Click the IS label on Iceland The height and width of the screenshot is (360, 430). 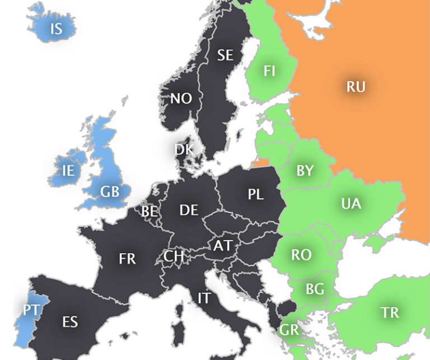point(56,29)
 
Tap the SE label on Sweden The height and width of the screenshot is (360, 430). point(225,55)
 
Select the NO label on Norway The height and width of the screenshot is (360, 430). point(181,99)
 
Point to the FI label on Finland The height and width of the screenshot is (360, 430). point(269,72)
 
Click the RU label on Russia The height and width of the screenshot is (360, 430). point(356,87)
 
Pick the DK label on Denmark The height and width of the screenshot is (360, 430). point(184,149)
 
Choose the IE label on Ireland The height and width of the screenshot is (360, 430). point(68,171)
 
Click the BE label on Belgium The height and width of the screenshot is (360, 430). point(149,212)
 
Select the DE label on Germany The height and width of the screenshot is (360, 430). point(189,210)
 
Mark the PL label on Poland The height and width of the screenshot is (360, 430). point(255,194)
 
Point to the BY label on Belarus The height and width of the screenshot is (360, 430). point(305,171)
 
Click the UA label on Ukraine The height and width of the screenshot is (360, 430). point(351,204)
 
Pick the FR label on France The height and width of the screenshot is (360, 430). point(127,258)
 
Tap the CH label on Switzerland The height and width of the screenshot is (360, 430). point(174,256)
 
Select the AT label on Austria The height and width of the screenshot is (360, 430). point(222,246)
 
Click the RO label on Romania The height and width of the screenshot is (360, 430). point(301,255)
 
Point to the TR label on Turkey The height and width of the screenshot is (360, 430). point(390,312)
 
